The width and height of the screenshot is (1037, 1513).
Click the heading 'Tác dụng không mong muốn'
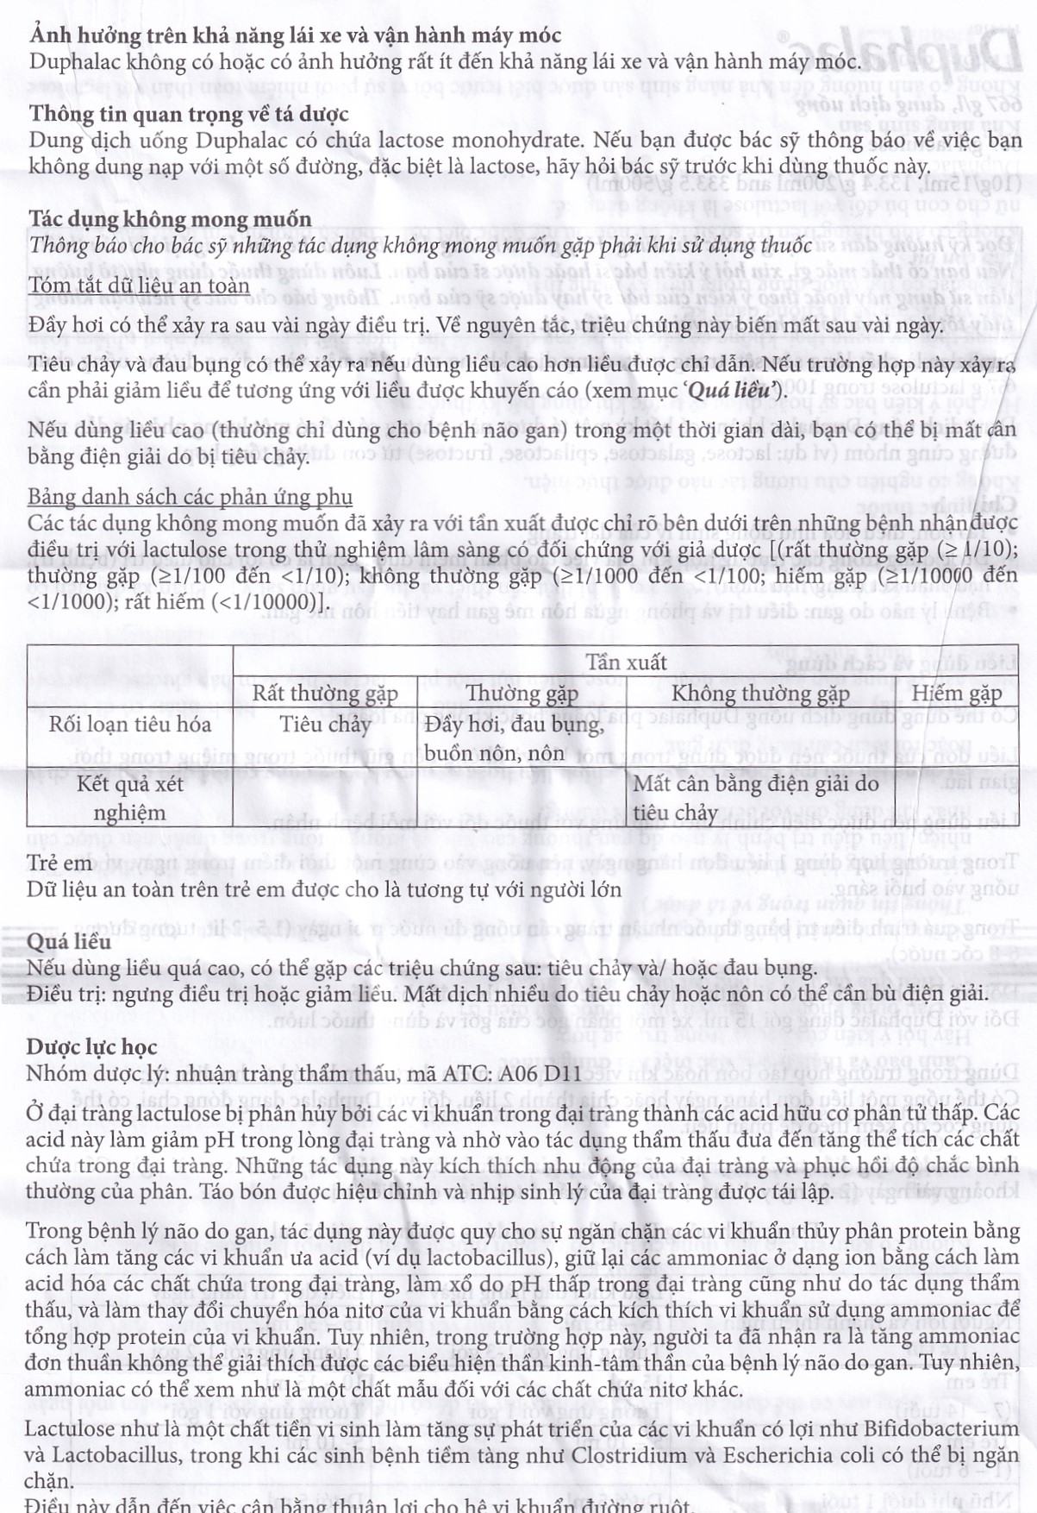pos(170,219)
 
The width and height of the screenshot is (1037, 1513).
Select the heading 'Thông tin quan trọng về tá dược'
pos(189,114)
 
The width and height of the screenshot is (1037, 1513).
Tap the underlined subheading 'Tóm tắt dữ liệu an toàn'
pos(139,286)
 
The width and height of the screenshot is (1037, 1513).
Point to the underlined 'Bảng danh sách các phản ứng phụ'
pos(190,497)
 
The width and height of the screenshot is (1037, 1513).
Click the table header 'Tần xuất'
pos(626,662)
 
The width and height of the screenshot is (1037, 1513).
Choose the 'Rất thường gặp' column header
pos(325,694)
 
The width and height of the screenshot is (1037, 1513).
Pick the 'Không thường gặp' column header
pos(760,694)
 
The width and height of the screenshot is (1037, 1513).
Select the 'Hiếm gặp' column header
pos(957,694)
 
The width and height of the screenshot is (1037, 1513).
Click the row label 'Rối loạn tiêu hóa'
pos(129,724)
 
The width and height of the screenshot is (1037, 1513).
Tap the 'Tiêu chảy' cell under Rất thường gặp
pos(325,724)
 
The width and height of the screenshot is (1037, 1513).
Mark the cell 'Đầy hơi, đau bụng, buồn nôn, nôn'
pos(514,738)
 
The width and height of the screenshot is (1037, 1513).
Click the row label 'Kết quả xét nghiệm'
pos(129,798)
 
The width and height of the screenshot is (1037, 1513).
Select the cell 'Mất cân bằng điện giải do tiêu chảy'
pos(755,798)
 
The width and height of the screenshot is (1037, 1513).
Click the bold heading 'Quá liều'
pos(69,941)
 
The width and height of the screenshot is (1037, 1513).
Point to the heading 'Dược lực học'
pos(91,1047)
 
